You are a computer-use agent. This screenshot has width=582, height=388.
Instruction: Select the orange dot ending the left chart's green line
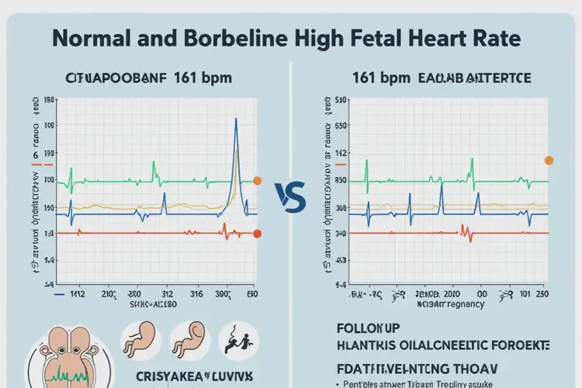pyautogui.click(x=258, y=181)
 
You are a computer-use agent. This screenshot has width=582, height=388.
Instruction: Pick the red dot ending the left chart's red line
pyautogui.click(x=258, y=234)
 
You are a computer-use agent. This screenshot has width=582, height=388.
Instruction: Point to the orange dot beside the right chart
pyautogui.click(x=549, y=161)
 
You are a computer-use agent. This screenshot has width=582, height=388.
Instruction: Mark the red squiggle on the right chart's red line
pyautogui.click(x=466, y=231)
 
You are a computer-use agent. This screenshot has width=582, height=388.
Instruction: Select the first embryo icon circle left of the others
pyautogui.click(x=141, y=340)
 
